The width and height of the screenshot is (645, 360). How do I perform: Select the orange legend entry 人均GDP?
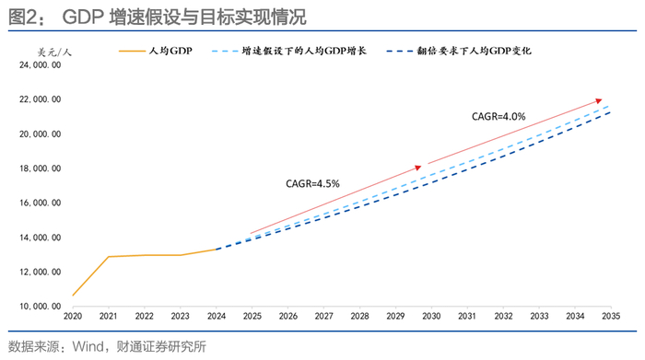click(x=156, y=51)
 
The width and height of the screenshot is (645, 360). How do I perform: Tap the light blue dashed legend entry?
click(x=288, y=51)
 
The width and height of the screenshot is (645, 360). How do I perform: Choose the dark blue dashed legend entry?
click(x=459, y=51)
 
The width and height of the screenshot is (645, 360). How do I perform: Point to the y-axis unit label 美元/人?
click(x=54, y=52)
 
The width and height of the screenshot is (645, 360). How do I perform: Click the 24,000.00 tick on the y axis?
click(x=40, y=65)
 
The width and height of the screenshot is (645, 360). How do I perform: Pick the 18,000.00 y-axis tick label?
click(x=40, y=168)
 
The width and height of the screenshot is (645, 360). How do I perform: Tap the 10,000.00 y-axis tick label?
click(x=40, y=307)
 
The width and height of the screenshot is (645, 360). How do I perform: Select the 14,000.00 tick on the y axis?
click(x=40, y=238)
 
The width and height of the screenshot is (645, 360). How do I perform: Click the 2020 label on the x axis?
click(x=73, y=316)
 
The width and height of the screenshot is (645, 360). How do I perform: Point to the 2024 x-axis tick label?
click(x=217, y=316)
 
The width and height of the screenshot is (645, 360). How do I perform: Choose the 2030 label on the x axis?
click(x=431, y=316)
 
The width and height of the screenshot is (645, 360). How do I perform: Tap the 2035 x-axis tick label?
click(x=611, y=316)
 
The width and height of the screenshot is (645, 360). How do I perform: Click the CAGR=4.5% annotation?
click(x=312, y=184)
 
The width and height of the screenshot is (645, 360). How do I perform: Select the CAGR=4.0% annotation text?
click(x=498, y=117)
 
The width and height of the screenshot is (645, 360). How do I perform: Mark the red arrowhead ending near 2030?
click(x=418, y=168)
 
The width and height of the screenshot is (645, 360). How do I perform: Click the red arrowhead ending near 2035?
click(x=599, y=100)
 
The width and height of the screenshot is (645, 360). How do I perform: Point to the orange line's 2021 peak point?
click(x=109, y=257)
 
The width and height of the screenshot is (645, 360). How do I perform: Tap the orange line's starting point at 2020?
click(x=73, y=296)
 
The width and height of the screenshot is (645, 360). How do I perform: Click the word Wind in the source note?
click(x=88, y=346)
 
